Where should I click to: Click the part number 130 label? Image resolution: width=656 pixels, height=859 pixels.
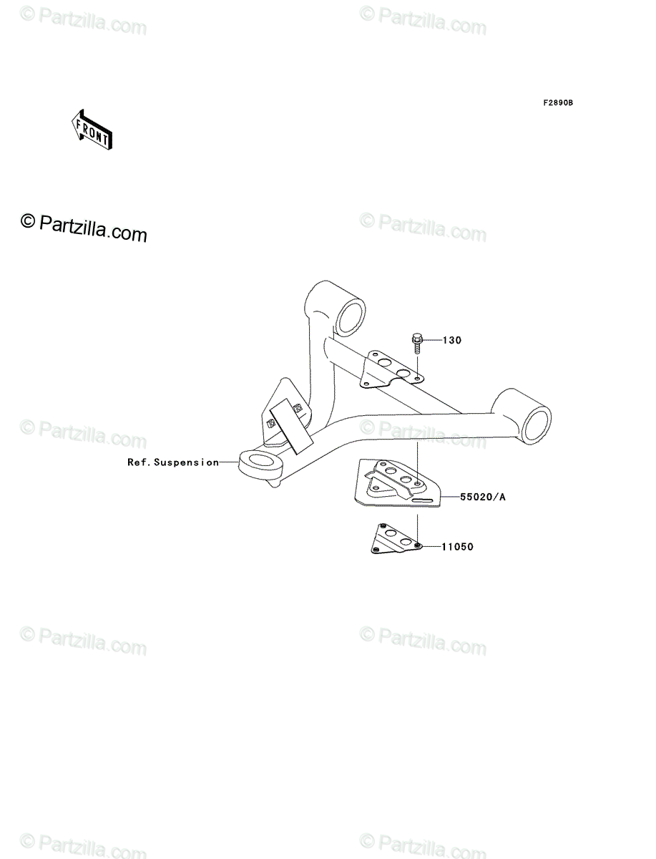(452, 341)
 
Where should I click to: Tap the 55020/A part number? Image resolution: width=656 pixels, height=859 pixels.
(483, 497)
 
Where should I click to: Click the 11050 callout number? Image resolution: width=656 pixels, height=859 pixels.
(457, 547)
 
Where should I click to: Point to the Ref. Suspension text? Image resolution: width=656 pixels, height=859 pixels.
(173, 462)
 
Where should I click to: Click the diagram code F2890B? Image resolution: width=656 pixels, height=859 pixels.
(558, 103)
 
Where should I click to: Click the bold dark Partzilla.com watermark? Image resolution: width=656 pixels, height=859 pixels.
(84, 228)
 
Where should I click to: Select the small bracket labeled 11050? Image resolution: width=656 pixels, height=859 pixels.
(396, 539)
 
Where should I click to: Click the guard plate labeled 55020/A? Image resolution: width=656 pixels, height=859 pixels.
(398, 483)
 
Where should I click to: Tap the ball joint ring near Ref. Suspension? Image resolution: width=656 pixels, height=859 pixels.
(259, 467)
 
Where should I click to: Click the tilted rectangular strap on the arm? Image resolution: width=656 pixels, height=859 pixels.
(292, 426)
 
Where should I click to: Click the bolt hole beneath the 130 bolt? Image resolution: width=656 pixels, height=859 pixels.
(418, 379)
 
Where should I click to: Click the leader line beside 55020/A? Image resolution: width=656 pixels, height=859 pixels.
(451, 497)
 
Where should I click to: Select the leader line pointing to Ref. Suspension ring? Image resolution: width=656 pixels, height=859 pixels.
(229, 462)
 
